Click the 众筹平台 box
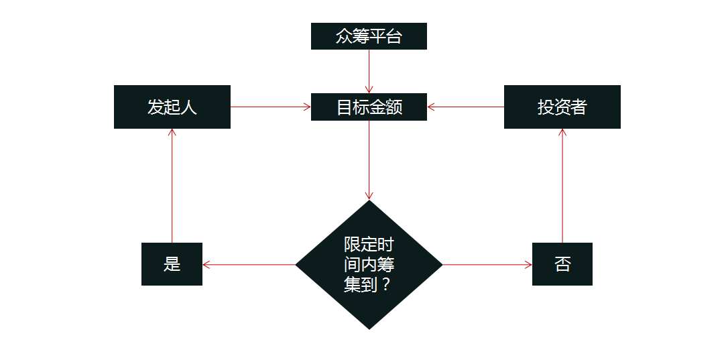pos(369,36)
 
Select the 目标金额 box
pos(369,107)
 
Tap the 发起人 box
pos(172,107)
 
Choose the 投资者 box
pos(562,107)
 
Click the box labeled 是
pos(172,264)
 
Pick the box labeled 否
pos(562,264)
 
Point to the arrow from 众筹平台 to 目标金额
pos(369,71)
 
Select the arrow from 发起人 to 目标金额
pos(271,107)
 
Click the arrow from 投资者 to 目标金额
pos(465,107)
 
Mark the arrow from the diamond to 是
pos(249,265)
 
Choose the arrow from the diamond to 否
pos(487,265)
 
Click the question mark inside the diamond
pos(385,284)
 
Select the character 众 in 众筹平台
pos(344,36)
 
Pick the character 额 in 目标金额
pos(394,107)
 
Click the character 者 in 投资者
pos(579,107)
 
